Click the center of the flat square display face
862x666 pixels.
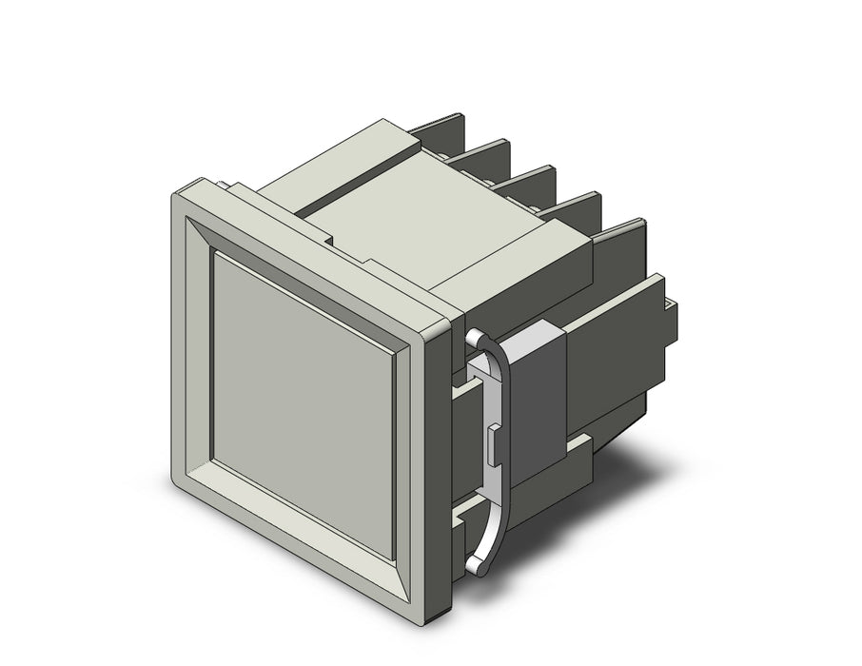[x=303, y=403]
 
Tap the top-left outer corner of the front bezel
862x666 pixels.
[x=171, y=194]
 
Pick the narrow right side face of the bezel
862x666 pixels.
[x=439, y=457]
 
